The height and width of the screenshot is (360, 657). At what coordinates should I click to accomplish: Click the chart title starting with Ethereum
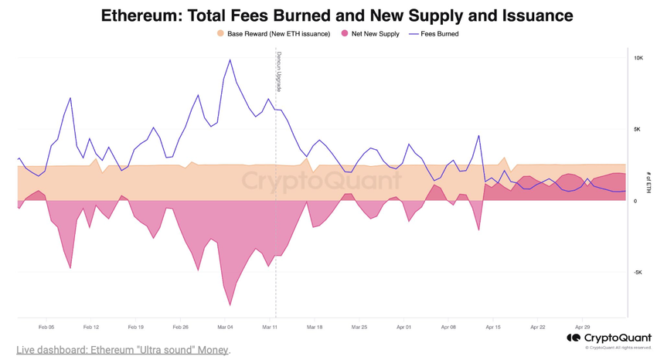[337, 15]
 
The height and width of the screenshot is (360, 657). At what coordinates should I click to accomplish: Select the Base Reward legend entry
[274, 34]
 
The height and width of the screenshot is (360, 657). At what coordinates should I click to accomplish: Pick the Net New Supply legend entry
[370, 34]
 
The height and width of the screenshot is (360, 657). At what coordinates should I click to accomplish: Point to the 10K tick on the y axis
[638, 58]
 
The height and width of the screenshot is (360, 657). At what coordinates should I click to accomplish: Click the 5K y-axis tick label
[638, 129]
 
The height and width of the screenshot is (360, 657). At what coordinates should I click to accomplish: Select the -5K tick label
[638, 272]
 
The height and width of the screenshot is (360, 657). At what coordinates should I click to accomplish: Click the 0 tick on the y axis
[636, 201]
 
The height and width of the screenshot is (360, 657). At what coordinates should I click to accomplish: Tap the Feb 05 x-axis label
[46, 328]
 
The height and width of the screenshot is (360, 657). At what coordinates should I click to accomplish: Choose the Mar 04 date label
[226, 328]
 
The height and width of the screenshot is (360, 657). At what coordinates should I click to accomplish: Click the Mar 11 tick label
[271, 328]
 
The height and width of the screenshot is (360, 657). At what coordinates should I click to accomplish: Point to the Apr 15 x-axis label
[493, 328]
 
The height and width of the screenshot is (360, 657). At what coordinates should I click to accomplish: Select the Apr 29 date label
[582, 328]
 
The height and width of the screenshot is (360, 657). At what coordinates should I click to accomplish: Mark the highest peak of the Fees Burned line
[230, 59]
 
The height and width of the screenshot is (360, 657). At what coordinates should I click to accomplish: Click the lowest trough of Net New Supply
[230, 304]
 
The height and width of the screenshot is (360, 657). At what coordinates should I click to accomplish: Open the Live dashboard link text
[122, 350]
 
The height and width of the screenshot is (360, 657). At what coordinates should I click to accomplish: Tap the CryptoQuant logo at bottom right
[609, 338]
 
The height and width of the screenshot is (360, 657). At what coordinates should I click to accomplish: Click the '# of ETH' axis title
[648, 183]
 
